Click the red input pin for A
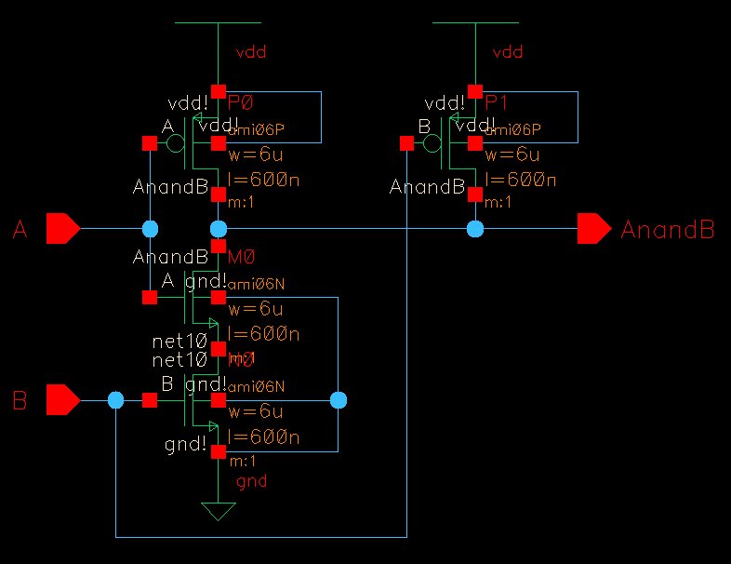pos(62,228)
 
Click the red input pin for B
pos(62,400)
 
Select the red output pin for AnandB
pos(592,228)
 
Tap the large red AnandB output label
pos(667,230)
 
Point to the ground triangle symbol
pos(219,511)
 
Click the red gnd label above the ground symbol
pos(251,481)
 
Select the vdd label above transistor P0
pos(251,52)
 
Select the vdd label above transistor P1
pos(508,52)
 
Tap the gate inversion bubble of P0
pos(174,143)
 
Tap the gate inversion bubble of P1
pos(431,143)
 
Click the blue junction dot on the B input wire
pos(115,400)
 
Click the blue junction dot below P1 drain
pos(475,228)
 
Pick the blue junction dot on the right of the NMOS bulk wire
pos(339,400)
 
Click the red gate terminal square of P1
pos(405,143)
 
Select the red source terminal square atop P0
pos(219,91)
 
